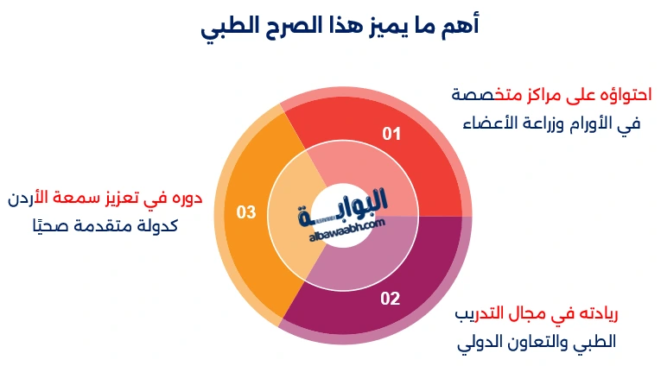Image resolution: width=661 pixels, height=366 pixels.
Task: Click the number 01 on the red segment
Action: tap(392, 134)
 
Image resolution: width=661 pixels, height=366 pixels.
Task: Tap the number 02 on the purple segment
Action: tap(391, 299)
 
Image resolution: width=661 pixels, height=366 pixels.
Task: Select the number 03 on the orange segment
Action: tap(246, 211)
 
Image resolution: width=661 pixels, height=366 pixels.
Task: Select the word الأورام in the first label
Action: tap(580, 123)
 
